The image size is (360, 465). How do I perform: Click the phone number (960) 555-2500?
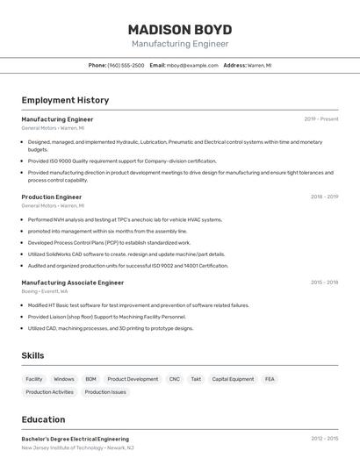tap(126, 65)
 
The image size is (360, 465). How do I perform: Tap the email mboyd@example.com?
tap(192, 65)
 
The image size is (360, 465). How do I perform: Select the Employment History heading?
tap(65, 100)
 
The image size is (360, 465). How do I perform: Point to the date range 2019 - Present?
tap(321, 119)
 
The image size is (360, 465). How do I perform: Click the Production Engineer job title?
tap(51, 197)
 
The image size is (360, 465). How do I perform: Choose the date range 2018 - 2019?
tap(324, 197)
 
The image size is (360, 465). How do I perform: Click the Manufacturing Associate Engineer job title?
tap(73, 283)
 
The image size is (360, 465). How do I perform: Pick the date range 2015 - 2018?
tap(324, 283)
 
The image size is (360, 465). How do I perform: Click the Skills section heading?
tap(33, 355)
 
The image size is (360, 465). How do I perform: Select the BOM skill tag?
tap(90, 379)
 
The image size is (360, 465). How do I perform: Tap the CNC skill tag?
tap(175, 379)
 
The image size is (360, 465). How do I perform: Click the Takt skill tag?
tap(196, 379)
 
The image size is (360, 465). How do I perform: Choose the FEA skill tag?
tap(270, 379)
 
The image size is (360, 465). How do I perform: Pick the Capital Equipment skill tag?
tap(233, 379)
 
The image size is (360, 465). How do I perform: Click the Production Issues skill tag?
tap(105, 392)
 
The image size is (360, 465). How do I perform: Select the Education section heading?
tap(43, 419)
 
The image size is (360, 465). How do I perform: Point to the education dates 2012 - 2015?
tap(324, 439)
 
